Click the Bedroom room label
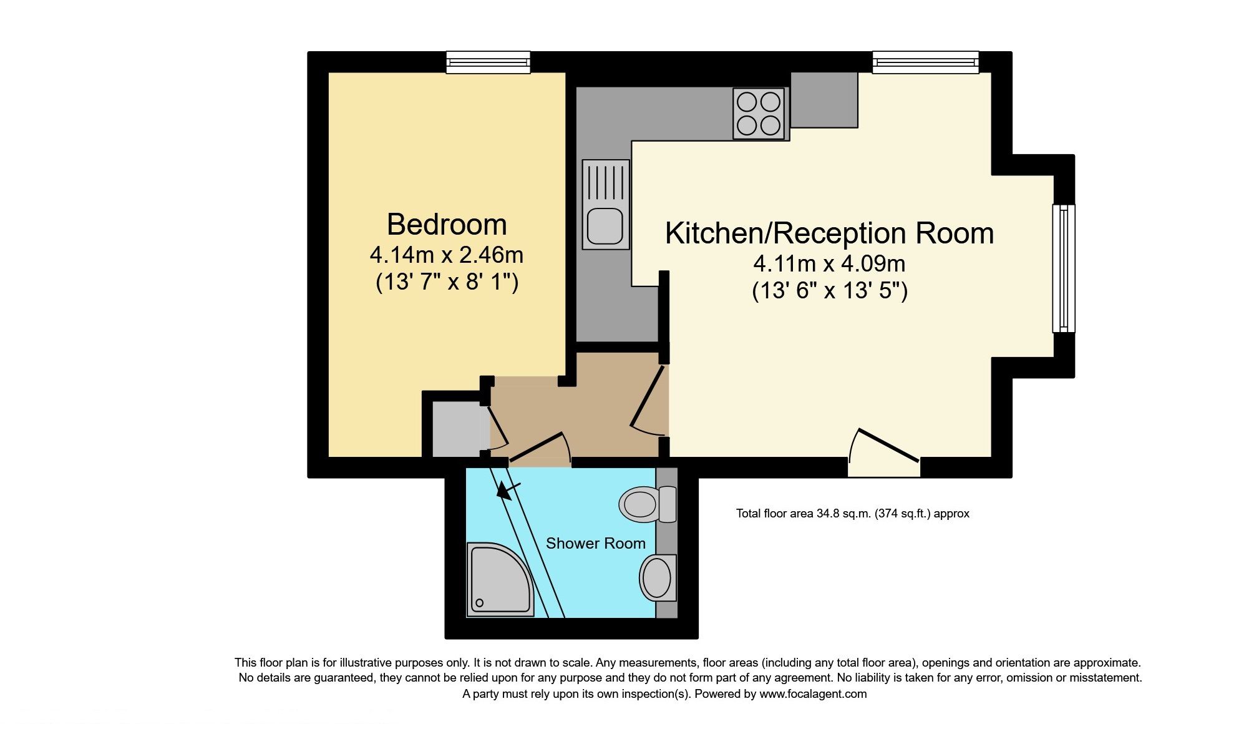point(447,225)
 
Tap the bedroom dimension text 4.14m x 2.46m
point(447,255)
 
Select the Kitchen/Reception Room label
point(829,233)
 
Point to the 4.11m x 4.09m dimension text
point(829,264)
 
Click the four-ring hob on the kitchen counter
point(758,114)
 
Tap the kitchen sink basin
point(605,226)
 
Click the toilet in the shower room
point(646,504)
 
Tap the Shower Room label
point(595,544)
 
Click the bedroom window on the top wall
point(488,62)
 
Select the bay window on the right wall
point(1064,268)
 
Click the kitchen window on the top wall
point(925,62)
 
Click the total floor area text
point(852,514)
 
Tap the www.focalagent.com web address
point(812,694)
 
